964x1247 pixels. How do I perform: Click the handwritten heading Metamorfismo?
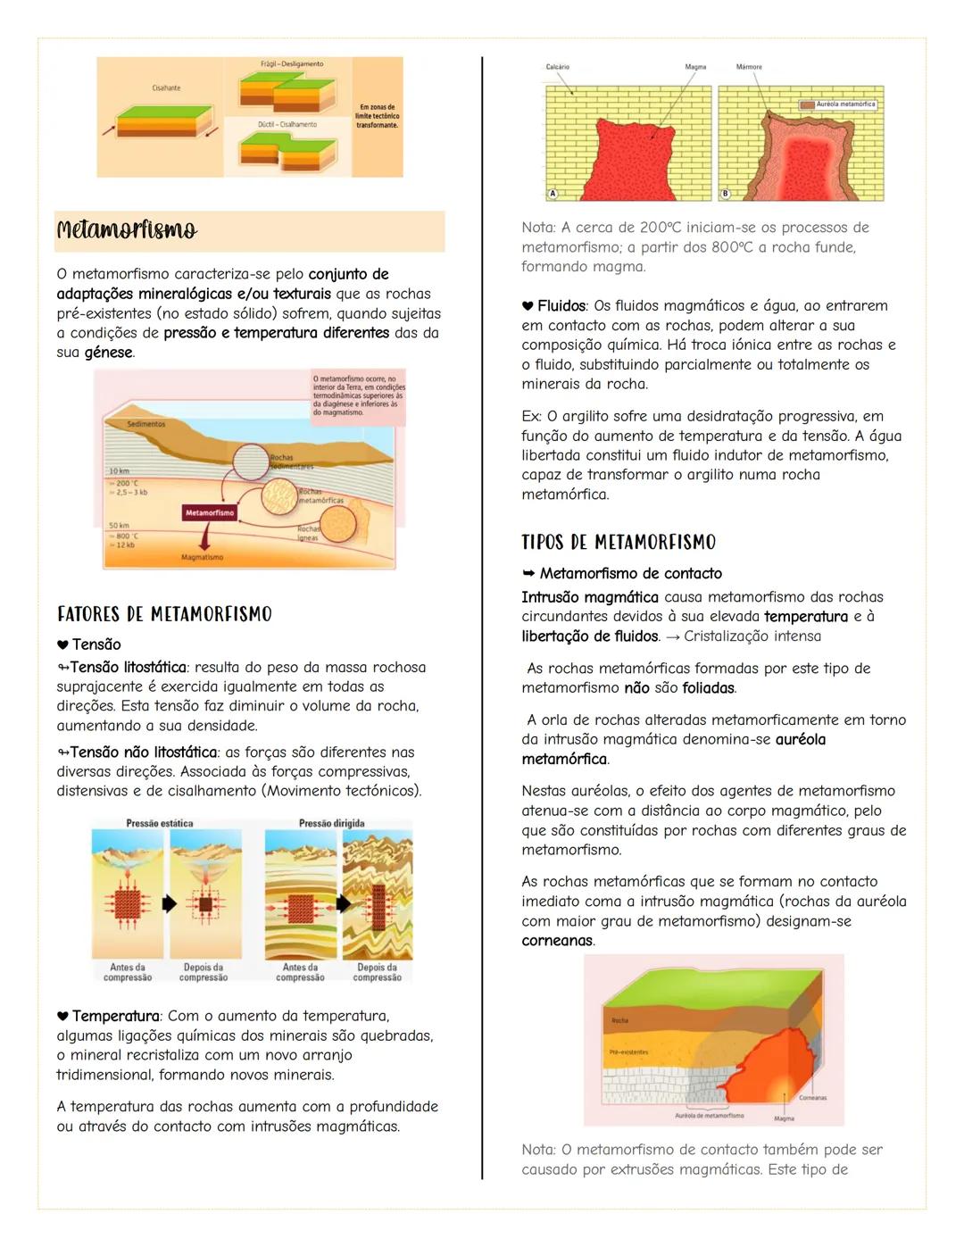coord(127,230)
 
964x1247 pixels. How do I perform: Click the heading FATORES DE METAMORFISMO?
coord(164,614)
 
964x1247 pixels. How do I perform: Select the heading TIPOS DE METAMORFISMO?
coord(619,542)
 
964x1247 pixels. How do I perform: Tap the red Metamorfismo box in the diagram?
coord(210,512)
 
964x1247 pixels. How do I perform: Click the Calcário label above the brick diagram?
coord(558,67)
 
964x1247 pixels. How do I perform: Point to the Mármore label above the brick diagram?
coord(749,67)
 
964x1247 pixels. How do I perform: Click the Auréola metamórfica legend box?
coord(838,104)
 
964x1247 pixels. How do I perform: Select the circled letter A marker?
coord(553,193)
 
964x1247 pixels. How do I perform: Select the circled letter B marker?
coord(726,193)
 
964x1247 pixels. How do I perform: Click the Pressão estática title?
coord(160,823)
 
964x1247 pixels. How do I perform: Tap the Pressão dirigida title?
coord(331,823)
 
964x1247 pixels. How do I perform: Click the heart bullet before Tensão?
coord(62,644)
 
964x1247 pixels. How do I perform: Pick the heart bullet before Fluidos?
coord(528,306)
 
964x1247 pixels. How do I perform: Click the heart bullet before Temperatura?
coord(62,1016)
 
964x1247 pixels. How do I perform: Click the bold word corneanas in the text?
coord(557,941)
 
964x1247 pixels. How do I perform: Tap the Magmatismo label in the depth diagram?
coord(203,557)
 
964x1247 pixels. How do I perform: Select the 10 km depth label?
coord(119,470)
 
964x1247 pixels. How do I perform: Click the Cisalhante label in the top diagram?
coord(166,87)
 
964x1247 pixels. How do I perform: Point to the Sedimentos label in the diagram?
coord(146,424)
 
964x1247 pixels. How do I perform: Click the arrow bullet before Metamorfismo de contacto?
coord(528,573)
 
